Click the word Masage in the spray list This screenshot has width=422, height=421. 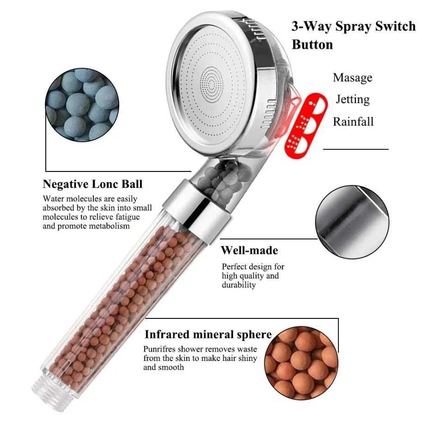352,78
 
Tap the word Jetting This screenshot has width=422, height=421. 352,99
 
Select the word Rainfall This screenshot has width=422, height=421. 353,122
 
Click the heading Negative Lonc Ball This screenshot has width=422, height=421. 92,184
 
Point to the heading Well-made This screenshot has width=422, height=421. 249,250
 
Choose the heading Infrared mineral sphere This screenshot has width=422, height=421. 208,335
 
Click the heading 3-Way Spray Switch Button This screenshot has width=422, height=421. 353,35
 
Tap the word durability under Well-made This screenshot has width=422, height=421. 239,285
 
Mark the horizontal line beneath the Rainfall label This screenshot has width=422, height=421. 355,149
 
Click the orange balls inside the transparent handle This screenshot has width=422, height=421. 120,300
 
